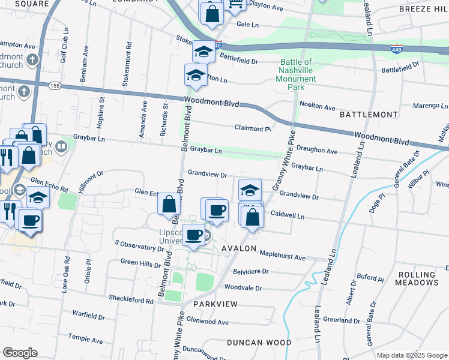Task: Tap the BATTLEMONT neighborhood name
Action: tap(369, 114)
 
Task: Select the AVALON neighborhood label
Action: tap(240, 248)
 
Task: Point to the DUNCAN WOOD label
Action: tap(259, 343)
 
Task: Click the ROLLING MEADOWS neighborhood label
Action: tap(418, 278)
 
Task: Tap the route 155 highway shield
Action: tap(54, 86)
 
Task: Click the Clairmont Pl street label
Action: tap(253, 128)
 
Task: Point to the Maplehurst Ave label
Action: tap(283, 259)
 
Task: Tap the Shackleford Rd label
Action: tap(131, 298)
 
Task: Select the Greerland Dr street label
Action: tap(342, 320)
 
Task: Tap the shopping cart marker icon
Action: tap(236, 5)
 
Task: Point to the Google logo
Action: tap(20, 353)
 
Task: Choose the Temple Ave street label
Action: tap(85, 339)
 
